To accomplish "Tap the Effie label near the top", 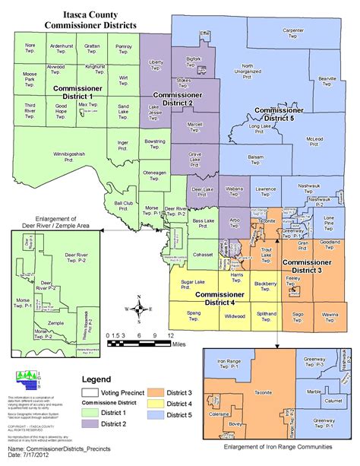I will [x=204, y=34].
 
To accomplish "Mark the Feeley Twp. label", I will [x=295, y=280].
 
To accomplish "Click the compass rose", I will [x=138, y=309].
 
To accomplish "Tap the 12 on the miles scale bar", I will [x=171, y=335].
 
